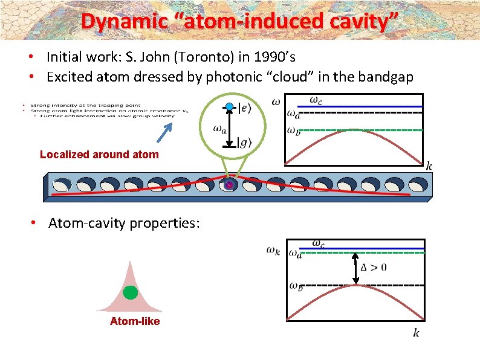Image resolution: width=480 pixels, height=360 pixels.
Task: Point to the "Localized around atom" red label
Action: (99, 155)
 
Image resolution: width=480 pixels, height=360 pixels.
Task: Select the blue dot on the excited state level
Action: (229, 107)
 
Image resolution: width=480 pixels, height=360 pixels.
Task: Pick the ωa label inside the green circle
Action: (219, 128)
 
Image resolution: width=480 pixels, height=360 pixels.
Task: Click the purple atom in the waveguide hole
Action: (229, 185)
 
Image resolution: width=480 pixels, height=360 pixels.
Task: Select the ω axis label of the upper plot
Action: (276, 101)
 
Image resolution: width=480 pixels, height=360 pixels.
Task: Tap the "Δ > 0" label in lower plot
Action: (374, 268)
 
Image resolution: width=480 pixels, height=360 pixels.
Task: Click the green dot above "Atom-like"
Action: (130, 293)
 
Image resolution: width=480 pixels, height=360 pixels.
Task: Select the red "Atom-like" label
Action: (135, 321)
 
